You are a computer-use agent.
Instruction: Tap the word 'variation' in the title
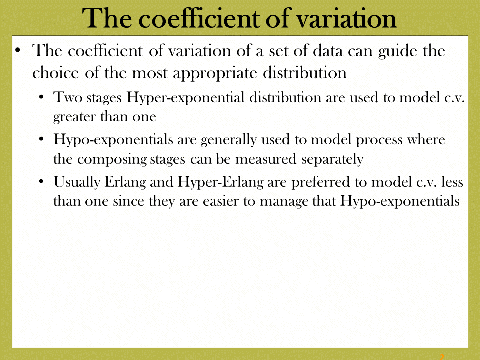pyautogui.click(x=347, y=18)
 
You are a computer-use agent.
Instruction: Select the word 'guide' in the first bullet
pyautogui.click(x=398, y=51)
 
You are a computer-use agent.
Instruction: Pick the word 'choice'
pyautogui.click(x=55, y=73)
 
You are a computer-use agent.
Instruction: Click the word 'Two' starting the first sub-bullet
pyautogui.click(x=68, y=97)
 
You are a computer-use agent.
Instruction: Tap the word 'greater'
pyautogui.click(x=75, y=117)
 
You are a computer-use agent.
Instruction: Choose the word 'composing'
pyautogui.click(x=112, y=160)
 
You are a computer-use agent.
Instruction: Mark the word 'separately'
pyautogui.click(x=333, y=160)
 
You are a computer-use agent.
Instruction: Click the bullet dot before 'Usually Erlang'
pyautogui.click(x=42, y=182)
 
